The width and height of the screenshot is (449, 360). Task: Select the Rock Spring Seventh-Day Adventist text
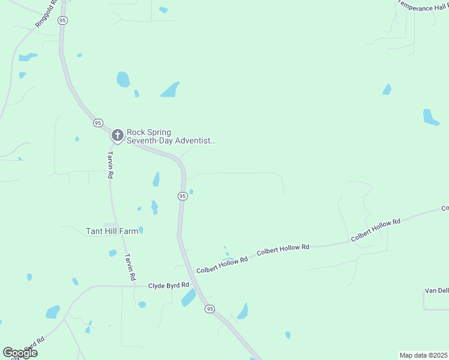click(170, 136)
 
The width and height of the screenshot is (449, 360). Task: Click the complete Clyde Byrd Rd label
click(169, 285)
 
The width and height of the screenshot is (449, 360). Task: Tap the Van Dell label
click(436, 290)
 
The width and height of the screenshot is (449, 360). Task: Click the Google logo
click(20, 353)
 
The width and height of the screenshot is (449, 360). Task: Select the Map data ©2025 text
click(423, 355)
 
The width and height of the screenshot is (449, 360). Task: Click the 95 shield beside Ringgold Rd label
click(63, 20)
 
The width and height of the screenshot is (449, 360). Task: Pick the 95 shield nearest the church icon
click(98, 122)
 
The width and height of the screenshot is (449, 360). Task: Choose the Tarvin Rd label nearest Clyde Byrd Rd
click(129, 268)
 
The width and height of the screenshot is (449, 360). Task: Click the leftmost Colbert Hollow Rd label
click(222, 263)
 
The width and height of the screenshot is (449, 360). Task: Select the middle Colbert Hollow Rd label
click(283, 250)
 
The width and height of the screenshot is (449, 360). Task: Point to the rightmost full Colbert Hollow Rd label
click(376, 230)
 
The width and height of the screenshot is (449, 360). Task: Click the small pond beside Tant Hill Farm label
click(141, 229)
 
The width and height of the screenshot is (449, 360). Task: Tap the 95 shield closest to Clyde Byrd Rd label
click(209, 308)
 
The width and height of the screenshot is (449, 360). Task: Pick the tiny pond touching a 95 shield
click(191, 192)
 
